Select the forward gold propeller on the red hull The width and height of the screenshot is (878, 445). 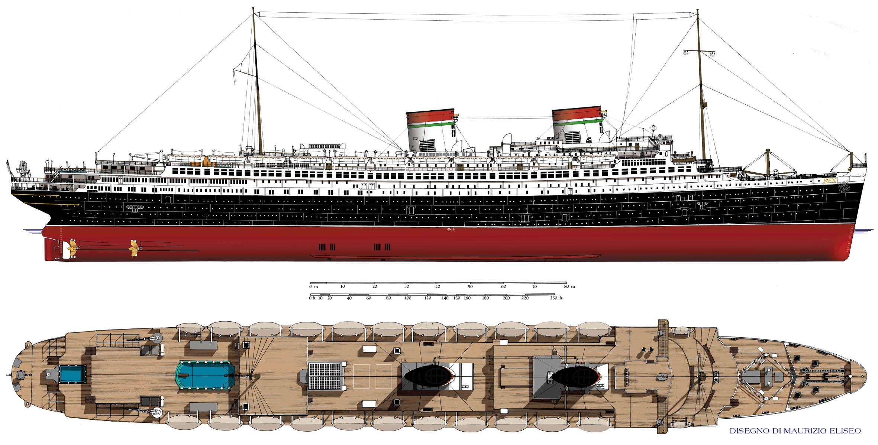[133, 246]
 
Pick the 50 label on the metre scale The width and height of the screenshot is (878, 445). [470, 286]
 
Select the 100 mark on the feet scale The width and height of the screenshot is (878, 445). [408, 298]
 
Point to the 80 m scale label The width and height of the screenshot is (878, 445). [569, 286]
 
